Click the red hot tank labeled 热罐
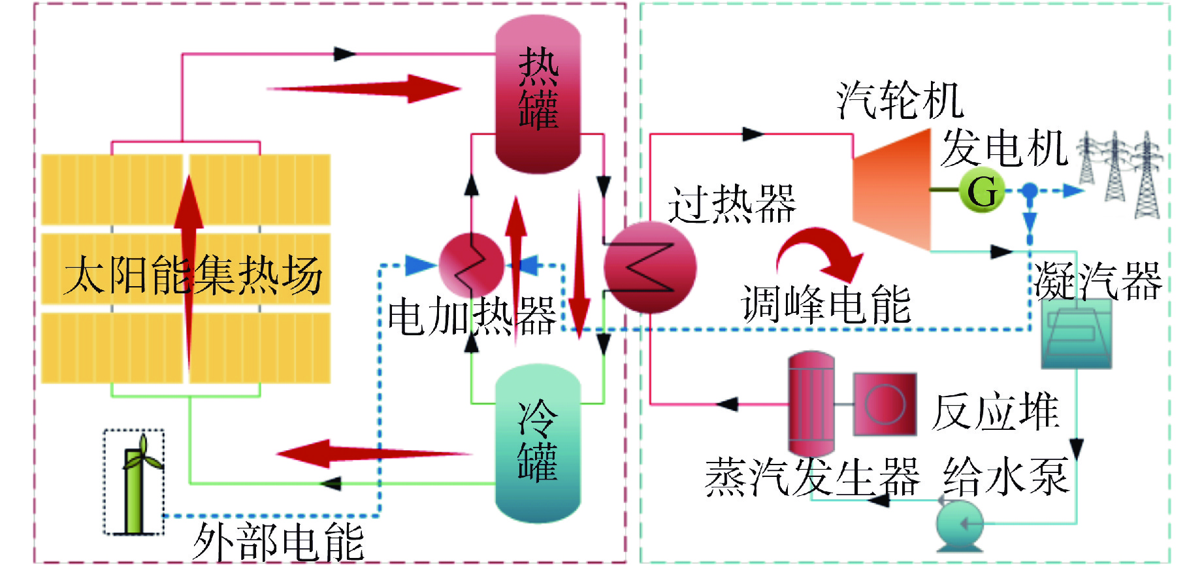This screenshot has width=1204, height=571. point(538,95)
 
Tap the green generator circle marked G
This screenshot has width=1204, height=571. point(981,191)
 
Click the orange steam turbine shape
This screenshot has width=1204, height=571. point(891,189)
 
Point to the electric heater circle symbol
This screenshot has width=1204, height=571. point(471,265)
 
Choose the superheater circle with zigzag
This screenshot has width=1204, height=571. point(650,267)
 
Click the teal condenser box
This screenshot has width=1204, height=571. point(1076,333)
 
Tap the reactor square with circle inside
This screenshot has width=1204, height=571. point(885,404)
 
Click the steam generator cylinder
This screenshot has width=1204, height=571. point(811,403)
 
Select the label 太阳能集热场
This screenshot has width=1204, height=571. point(194,275)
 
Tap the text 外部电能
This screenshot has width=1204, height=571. point(278,542)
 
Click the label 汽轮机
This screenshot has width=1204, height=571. point(900,101)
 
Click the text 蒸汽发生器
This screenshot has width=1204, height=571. point(812,477)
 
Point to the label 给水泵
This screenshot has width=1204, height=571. point(1007,476)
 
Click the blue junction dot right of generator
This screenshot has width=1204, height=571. point(1030,191)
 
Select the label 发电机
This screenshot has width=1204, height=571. point(1004,148)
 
